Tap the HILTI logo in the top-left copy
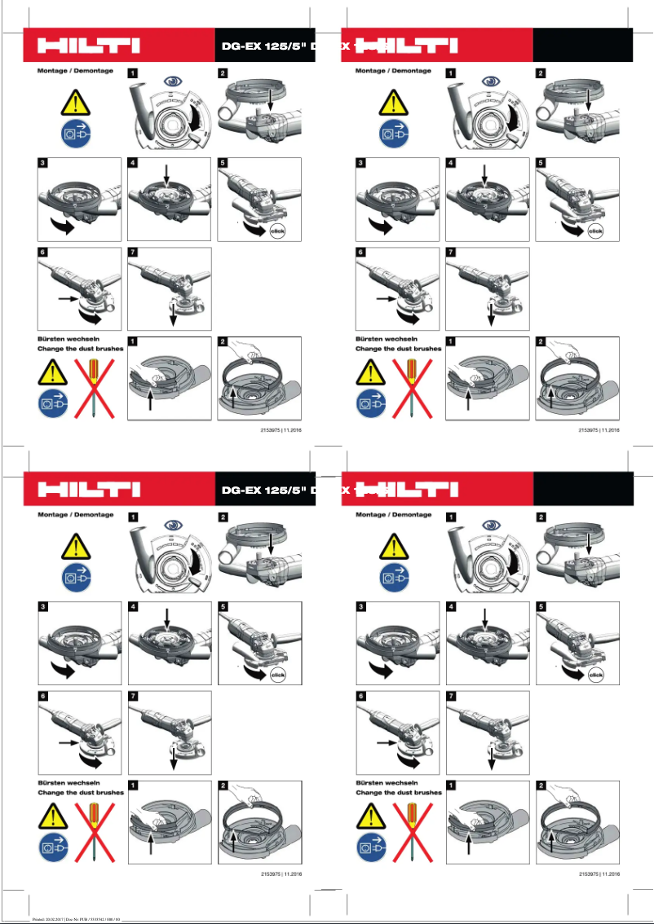89,45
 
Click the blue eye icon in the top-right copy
490,81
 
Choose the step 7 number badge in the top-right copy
452,253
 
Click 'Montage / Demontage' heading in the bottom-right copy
393,515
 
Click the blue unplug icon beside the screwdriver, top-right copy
372,402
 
